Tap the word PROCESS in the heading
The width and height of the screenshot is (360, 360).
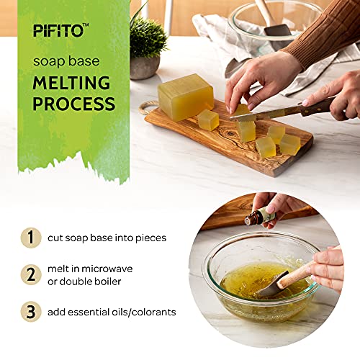point(73,103)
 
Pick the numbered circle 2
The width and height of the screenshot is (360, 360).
point(30,275)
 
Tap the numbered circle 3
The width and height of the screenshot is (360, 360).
point(30,312)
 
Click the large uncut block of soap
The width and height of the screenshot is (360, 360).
point(185,96)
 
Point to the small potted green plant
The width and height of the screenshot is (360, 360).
point(148,43)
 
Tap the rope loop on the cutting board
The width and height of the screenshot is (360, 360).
point(146,107)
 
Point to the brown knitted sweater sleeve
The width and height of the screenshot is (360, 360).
point(324,36)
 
